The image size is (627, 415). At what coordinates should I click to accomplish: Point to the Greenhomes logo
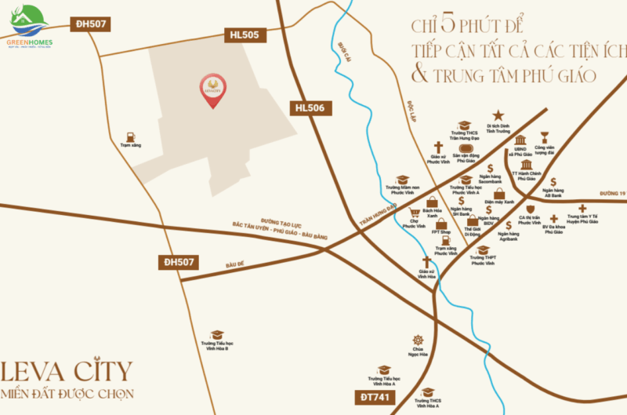tap(29, 27)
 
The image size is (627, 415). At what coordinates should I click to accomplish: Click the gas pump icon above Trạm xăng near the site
tap(130, 135)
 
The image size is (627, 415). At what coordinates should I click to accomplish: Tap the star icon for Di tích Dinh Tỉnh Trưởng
tap(498, 116)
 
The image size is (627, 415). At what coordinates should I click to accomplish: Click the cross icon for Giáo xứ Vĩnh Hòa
tap(427, 262)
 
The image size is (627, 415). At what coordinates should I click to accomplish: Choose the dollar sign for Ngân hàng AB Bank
tap(553, 181)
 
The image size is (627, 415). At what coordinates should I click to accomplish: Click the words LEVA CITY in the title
tap(67, 370)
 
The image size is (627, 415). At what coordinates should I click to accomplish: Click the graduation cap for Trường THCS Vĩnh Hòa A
tap(428, 391)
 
